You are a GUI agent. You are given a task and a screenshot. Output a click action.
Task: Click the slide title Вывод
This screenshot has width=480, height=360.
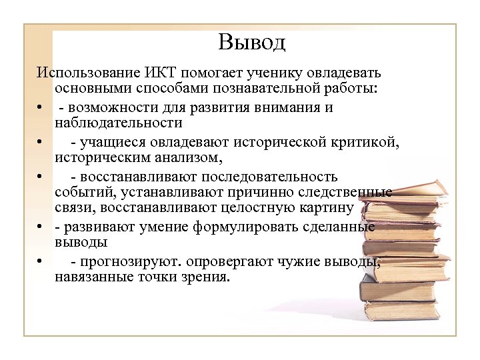pyautogui.click(x=251, y=42)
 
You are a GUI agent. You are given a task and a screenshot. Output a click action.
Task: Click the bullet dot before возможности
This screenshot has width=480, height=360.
pyautogui.click(x=41, y=107)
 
